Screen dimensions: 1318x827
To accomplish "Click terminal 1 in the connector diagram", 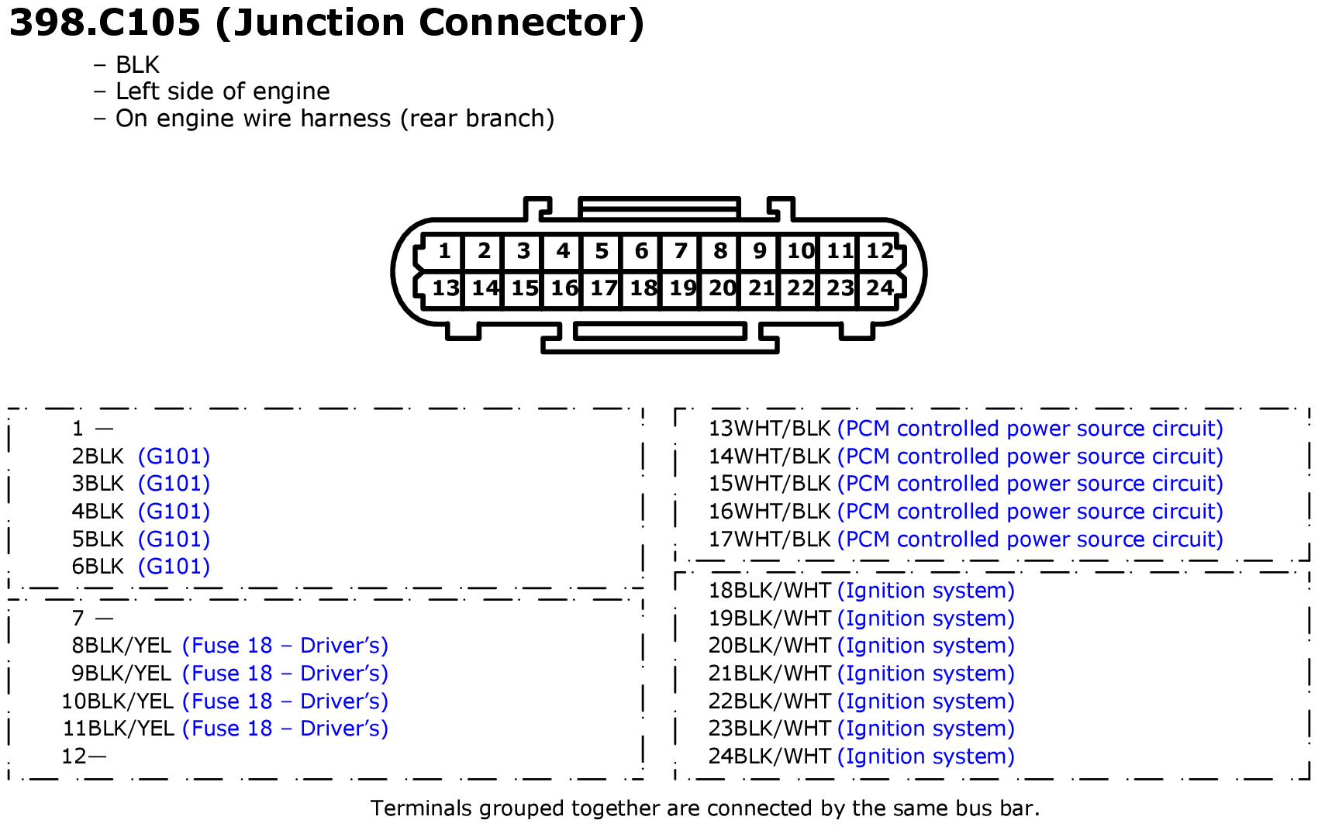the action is click(444, 252).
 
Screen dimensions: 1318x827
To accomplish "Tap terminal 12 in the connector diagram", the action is click(880, 252).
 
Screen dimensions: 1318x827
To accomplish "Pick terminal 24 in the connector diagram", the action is click(880, 288).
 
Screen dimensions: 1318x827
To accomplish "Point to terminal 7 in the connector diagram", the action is click(681, 252).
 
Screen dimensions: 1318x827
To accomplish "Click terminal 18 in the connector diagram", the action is click(642, 288).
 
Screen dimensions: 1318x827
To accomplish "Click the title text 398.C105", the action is click(105, 23).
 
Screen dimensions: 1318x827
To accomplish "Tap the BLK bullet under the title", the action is click(138, 64).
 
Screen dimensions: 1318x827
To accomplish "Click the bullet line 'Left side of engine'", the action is click(223, 91).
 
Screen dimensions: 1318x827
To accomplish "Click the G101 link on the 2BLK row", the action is click(174, 457).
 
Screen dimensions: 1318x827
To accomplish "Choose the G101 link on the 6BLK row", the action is click(174, 567).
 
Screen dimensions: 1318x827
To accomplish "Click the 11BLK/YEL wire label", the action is click(119, 729).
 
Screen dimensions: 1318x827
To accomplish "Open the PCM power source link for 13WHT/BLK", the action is click(1030, 429).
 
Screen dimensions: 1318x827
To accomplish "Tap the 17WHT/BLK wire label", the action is click(769, 539).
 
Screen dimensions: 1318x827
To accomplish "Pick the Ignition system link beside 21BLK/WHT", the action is click(926, 674).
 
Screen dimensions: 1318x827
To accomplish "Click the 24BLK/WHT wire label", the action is click(769, 756).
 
